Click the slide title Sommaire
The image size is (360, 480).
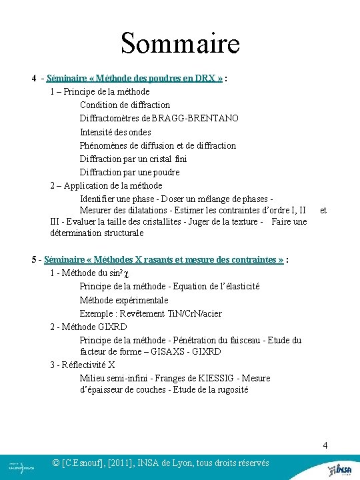(180, 44)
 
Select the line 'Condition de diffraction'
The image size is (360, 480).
(125, 105)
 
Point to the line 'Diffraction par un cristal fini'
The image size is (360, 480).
(133, 159)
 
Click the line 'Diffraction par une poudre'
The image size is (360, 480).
(129, 172)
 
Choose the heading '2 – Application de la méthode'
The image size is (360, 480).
(106, 185)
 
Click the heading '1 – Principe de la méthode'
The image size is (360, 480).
(100, 91)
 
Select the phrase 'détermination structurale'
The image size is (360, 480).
(97, 233)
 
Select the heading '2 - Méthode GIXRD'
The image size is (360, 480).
(88, 327)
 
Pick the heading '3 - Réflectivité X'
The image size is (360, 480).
(83, 365)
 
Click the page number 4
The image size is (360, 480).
(325, 445)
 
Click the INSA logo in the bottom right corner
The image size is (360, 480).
(343, 469)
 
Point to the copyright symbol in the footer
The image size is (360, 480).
(56, 463)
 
